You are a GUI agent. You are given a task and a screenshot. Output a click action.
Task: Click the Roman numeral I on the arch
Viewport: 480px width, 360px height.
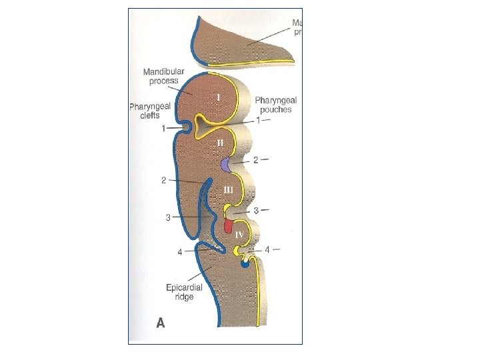(219, 97)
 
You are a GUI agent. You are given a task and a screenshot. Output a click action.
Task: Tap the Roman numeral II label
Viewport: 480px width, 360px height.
(219, 143)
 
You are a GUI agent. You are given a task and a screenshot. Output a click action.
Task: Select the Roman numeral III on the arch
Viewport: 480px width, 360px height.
(229, 189)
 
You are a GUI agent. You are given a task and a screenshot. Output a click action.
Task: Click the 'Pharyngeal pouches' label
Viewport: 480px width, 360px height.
(273, 104)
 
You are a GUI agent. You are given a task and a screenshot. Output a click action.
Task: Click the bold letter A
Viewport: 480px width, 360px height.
(161, 323)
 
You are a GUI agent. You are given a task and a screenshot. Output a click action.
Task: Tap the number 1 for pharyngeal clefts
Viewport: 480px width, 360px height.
(164, 127)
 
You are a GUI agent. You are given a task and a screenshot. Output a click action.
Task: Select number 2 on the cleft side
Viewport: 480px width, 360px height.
(163, 180)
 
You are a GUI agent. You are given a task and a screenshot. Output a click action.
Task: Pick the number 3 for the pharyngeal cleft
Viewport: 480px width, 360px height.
(168, 217)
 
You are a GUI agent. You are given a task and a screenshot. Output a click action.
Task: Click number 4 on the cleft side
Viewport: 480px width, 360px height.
(180, 252)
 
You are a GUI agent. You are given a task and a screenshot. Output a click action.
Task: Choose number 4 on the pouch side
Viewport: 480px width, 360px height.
(268, 250)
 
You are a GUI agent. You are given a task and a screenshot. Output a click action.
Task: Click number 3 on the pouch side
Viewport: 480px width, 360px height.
(257, 210)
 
